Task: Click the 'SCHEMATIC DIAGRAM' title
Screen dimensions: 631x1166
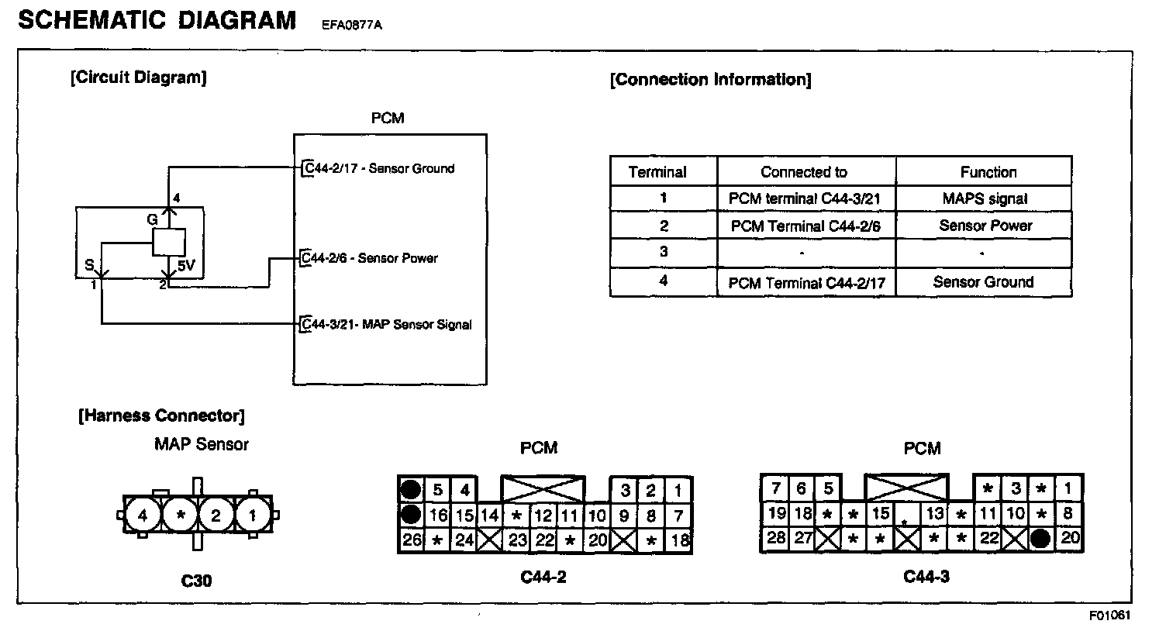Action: pyautogui.click(x=157, y=20)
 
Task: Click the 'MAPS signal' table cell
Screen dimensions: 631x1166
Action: pyautogui.click(x=985, y=198)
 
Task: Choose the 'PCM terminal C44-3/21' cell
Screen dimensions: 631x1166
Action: pyautogui.click(x=805, y=198)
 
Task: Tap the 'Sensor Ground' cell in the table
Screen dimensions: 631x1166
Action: pyautogui.click(x=983, y=282)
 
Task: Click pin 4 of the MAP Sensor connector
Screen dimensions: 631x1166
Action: pyautogui.click(x=143, y=515)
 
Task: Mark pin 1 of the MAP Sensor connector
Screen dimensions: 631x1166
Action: pyautogui.click(x=253, y=515)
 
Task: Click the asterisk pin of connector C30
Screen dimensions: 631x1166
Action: pyautogui.click(x=181, y=515)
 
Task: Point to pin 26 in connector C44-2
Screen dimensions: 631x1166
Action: pyautogui.click(x=411, y=540)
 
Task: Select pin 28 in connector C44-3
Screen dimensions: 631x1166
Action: pyautogui.click(x=775, y=536)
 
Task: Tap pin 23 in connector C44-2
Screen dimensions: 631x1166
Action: pyautogui.click(x=517, y=540)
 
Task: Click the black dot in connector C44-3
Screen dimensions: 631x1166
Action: pyautogui.click(x=1041, y=538)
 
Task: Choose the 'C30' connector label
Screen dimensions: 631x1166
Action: pyautogui.click(x=196, y=580)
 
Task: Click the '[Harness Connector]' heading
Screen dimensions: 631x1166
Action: pyautogui.click(x=161, y=415)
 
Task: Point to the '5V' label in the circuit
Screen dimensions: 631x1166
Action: pyautogui.click(x=186, y=265)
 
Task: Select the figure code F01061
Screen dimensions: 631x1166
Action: pyautogui.click(x=1109, y=616)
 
